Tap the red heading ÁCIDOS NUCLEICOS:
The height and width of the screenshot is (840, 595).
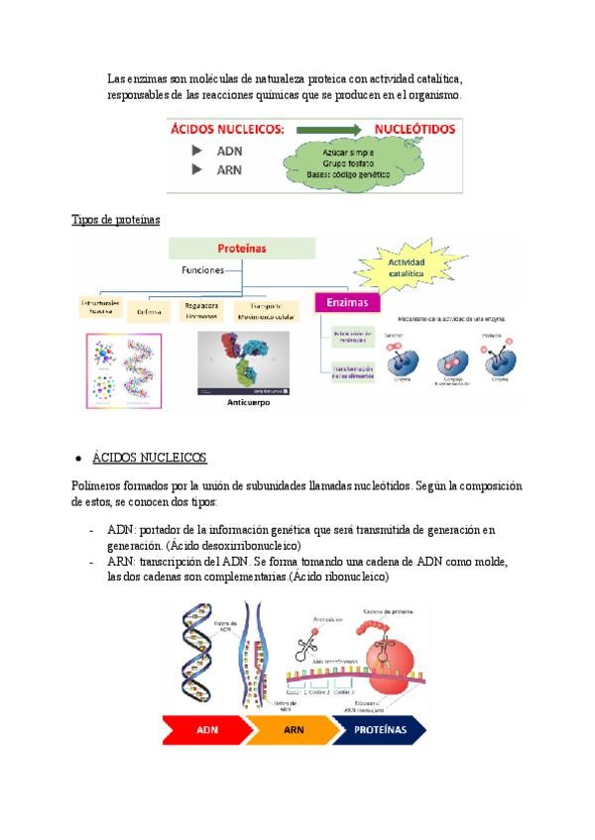click(227, 130)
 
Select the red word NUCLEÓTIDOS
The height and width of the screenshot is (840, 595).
click(415, 130)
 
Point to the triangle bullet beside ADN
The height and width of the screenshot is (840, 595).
click(197, 151)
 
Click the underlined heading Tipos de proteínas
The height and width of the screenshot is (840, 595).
click(115, 219)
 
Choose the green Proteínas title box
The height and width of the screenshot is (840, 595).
click(241, 248)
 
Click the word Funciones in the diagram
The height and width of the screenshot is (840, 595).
click(203, 269)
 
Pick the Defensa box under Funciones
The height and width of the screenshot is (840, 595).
click(150, 310)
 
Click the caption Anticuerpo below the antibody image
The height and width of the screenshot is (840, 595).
click(248, 403)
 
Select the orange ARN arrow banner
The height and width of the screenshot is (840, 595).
click(295, 730)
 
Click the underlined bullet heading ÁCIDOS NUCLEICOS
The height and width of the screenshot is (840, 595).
click(149, 458)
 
